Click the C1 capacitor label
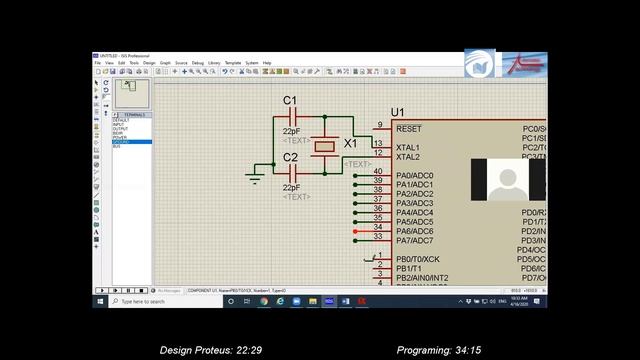(291, 101)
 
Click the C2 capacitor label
(291, 158)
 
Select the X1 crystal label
(350, 144)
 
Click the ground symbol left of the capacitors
(255, 178)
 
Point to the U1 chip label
(398, 112)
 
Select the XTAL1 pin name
(408, 147)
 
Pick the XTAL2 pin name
(408, 157)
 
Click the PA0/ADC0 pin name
(414, 175)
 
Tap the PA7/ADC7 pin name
(414, 240)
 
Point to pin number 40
(378, 171)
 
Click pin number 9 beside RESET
(379, 125)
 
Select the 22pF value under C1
(292, 131)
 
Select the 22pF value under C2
(292, 187)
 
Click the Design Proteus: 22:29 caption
(211, 350)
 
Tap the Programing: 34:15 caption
(439, 350)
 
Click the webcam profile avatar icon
(508, 182)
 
